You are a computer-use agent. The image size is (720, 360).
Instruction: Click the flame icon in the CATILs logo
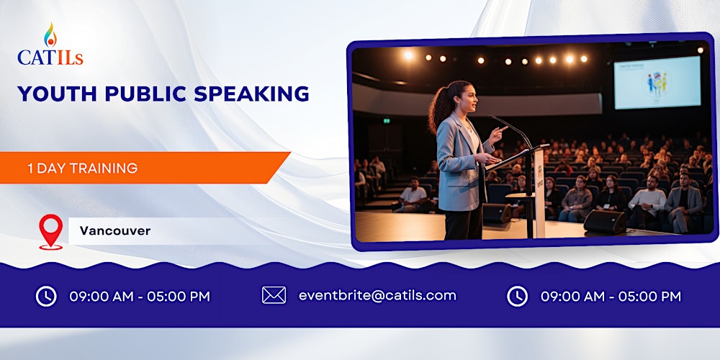coord(49,34)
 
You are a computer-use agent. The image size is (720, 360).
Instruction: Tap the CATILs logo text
coord(50,57)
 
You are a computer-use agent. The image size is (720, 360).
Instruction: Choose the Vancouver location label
coord(115,231)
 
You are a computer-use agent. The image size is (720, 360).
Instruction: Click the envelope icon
coord(274,295)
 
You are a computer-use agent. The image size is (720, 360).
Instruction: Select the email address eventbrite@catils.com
coord(377,295)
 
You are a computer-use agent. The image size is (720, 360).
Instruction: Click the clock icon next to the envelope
coord(517,296)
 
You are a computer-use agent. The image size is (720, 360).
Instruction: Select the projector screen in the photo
coord(657,82)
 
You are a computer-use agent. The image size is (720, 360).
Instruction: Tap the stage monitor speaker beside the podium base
coord(604,221)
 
